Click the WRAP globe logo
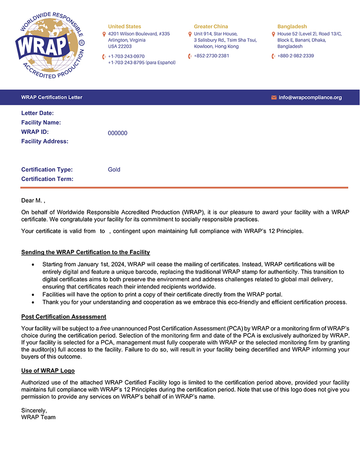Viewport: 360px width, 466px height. [50, 45]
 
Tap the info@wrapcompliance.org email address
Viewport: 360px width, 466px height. [310, 97]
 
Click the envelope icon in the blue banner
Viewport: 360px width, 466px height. [274, 97]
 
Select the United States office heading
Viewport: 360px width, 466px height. [124, 27]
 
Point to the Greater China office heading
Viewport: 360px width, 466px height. [211, 27]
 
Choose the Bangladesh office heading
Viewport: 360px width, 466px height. [292, 27]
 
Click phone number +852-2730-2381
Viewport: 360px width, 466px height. [211, 56]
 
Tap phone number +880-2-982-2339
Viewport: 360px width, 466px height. [296, 56]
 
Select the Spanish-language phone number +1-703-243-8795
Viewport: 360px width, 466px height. [142, 62]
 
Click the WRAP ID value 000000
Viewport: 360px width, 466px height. [117, 133]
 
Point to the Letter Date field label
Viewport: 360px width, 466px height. [37, 113]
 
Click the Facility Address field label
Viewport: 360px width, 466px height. [45, 141]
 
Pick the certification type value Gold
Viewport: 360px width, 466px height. [114, 170]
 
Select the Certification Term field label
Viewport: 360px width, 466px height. [47, 179]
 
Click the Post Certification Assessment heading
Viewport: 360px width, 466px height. [63, 317]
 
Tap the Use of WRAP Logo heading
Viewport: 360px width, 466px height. [48, 371]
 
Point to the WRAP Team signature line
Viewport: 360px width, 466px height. [38, 417]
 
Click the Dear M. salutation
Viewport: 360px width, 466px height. [33, 200]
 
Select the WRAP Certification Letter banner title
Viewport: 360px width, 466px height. [51, 97]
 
